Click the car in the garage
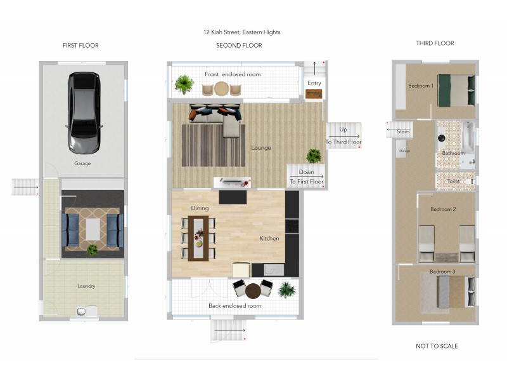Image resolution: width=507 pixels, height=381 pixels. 84,112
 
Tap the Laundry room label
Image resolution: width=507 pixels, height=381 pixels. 86,286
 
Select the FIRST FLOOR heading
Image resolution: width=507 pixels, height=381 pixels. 80,45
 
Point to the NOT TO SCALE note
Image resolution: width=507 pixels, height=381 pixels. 437,346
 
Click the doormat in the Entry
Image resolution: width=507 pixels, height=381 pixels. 314,94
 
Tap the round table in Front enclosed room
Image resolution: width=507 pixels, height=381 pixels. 221,88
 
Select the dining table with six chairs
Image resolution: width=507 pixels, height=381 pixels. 198,238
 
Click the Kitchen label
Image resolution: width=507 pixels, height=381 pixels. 269,239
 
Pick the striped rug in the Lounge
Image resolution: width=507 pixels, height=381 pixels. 214,145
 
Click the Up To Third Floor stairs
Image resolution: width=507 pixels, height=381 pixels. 343,135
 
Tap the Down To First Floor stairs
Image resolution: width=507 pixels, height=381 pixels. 306,177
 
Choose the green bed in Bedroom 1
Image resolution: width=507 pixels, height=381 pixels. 456,91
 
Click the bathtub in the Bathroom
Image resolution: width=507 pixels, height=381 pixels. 468,137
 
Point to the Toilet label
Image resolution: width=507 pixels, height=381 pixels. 453,181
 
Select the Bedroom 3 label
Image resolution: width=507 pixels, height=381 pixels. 442,272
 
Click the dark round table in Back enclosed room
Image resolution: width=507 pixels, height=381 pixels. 253,291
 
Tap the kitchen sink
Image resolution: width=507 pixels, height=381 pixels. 274,270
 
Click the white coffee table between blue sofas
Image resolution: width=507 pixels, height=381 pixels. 93,229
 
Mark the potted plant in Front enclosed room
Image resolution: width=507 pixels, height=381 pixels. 184,84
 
